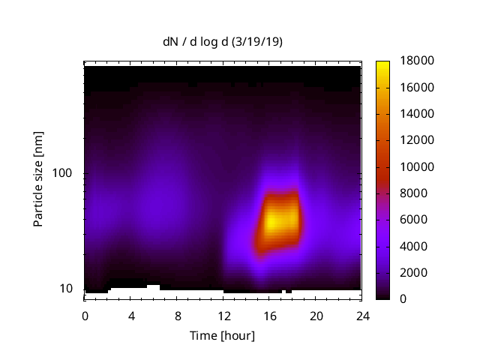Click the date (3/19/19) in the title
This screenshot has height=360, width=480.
(257, 43)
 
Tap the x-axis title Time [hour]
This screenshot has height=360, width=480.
(223, 335)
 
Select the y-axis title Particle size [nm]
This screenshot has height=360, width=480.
(38, 180)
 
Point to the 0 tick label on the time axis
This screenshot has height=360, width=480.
(85, 316)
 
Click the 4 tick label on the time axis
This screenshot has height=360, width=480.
(131, 316)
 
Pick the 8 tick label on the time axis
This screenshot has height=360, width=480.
(177, 316)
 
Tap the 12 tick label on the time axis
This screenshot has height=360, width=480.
(223, 316)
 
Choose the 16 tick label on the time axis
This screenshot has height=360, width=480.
(269, 316)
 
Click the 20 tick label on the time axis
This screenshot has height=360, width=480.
(315, 316)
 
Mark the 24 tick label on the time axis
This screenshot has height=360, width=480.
(361, 316)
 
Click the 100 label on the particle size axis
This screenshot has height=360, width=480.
(62, 173)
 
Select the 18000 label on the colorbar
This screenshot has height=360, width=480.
(415, 61)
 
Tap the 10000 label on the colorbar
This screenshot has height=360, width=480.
(415, 166)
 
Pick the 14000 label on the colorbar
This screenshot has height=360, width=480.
(415, 114)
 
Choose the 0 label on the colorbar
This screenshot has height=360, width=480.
(403, 299)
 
